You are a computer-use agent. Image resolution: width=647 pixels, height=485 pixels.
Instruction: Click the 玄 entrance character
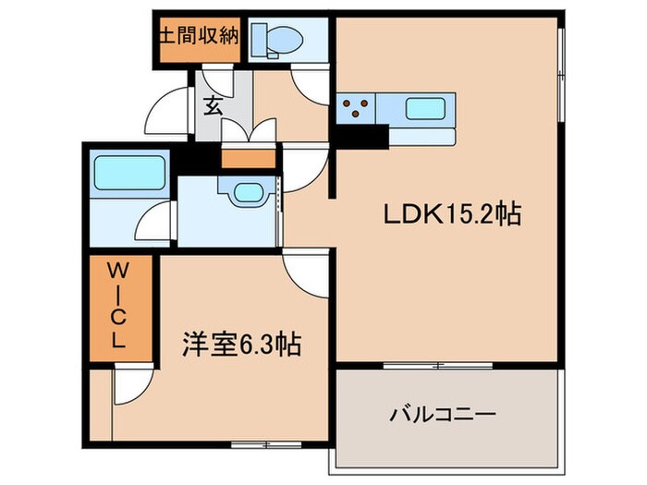click(214, 105)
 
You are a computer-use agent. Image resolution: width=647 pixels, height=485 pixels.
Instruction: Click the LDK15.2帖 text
click(452, 215)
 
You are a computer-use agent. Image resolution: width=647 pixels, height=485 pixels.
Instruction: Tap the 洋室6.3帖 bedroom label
click(239, 346)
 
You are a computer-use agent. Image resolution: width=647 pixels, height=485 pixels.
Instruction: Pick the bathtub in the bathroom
click(128, 173)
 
